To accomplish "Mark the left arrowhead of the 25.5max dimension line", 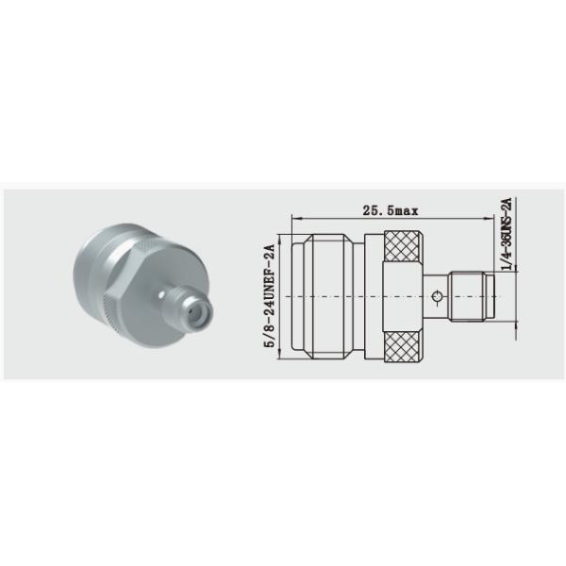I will click(295, 219).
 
